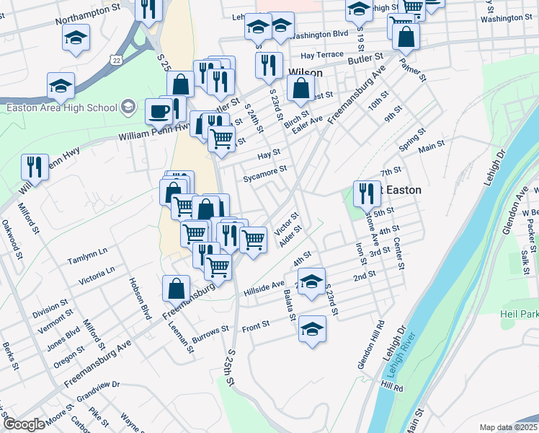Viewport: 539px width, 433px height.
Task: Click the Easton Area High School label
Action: pyautogui.click(x=61, y=108)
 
